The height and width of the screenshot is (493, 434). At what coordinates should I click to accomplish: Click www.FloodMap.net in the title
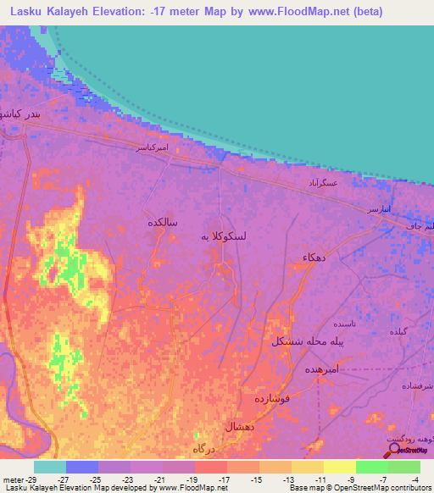pyautogui.click(x=271, y=11)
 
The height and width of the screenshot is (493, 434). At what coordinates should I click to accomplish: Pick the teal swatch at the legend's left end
pyautogui.click(x=49, y=467)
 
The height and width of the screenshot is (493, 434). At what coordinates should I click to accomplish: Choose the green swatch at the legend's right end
pyautogui.click(x=404, y=467)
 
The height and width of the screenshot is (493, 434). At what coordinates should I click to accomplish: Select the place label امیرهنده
pyautogui.click(x=321, y=370)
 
